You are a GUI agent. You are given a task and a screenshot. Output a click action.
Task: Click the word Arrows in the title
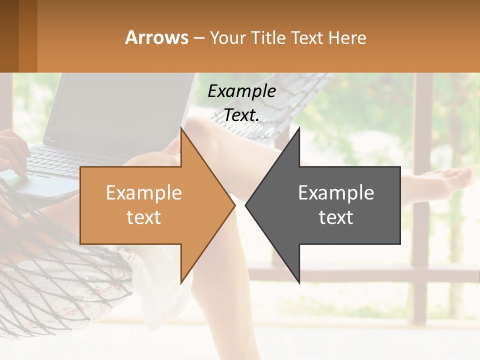click(157, 37)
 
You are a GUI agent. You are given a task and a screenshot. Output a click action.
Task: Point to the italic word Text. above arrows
click(241, 115)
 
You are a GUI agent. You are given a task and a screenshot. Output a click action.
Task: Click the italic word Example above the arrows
click(241, 91)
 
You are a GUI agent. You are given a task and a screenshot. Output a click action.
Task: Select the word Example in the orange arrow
click(144, 193)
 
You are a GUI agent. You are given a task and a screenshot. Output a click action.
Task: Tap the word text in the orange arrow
click(144, 217)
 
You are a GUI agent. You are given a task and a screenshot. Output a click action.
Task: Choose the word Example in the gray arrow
click(336, 193)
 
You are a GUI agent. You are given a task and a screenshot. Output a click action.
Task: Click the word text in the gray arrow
click(336, 217)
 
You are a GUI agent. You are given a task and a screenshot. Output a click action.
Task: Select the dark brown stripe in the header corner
click(9, 36)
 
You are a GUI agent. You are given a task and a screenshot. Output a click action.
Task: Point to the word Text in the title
click(307, 37)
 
